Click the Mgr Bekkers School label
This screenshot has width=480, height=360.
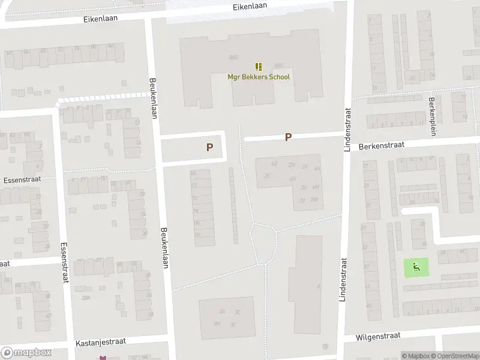(x=259, y=77)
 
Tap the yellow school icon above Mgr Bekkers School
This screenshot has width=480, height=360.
(x=259, y=67)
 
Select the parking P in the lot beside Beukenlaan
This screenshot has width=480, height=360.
(x=209, y=147)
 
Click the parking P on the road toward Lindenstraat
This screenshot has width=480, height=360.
(x=288, y=137)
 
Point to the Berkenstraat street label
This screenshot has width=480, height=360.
(x=382, y=146)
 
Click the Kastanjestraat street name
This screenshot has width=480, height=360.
(x=100, y=341)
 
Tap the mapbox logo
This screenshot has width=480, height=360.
(x=26, y=353)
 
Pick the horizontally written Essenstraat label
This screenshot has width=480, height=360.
(x=20, y=179)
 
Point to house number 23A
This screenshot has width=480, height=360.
(x=86, y=298)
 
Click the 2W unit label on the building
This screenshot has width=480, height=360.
(x=314, y=200)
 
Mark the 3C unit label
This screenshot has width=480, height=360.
(x=238, y=312)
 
